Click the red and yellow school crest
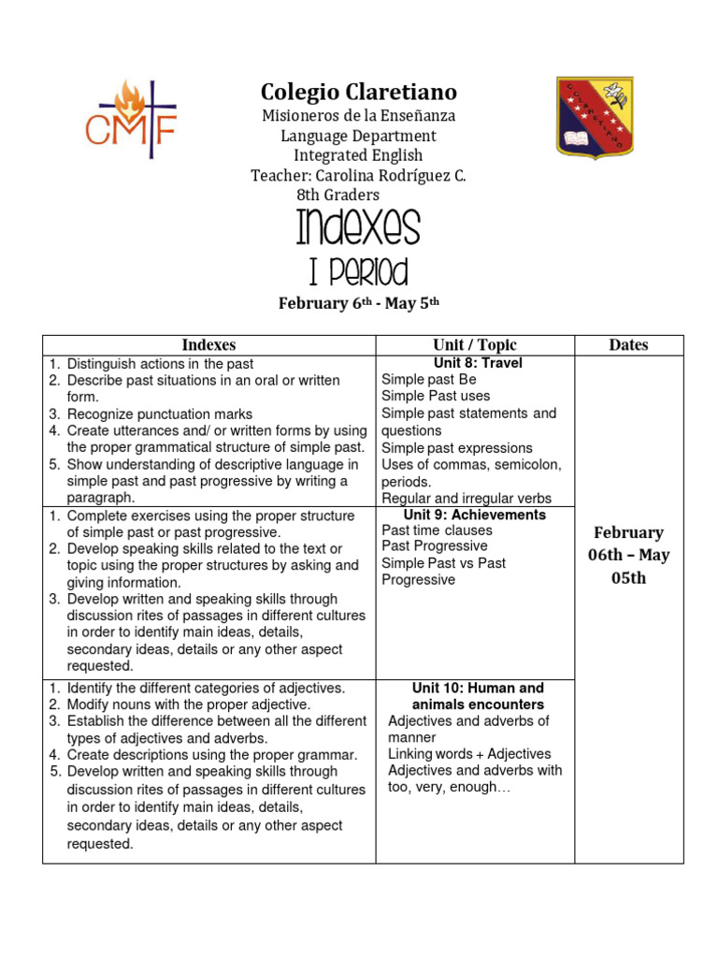(596, 116)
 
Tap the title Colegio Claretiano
(358, 92)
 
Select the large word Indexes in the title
(358, 228)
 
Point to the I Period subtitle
(358, 272)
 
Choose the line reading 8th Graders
(338, 195)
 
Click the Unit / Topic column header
(475, 344)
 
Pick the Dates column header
(628, 344)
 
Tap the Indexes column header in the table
(208, 344)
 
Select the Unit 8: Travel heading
(478, 363)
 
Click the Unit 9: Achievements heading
(475, 515)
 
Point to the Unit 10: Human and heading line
(478, 688)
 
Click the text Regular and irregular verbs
(467, 499)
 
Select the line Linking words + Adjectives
(469, 754)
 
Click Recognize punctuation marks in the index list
(159, 414)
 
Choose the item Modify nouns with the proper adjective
(188, 704)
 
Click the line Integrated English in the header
(358, 155)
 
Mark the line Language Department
(358, 136)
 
